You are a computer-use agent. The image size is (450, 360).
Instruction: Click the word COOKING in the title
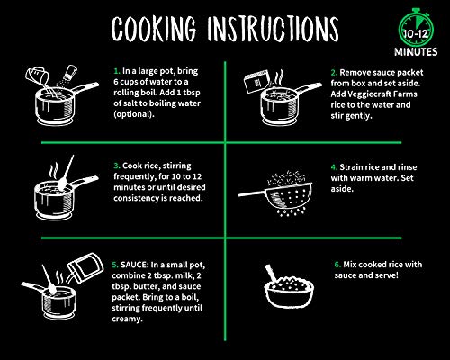point(154,29)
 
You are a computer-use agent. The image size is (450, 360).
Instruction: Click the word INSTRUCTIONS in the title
point(273,29)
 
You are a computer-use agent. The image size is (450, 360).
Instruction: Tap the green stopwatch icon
point(416,28)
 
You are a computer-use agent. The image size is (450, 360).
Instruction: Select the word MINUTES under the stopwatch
point(416,52)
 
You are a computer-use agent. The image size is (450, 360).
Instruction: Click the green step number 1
point(117,71)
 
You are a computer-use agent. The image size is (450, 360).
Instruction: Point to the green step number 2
point(334,73)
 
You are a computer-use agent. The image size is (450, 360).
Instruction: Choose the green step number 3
point(117,166)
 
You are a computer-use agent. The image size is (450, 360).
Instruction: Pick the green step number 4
point(334,167)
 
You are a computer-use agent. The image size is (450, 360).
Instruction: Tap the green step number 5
point(115,265)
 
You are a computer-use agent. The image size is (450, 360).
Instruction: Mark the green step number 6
point(337,265)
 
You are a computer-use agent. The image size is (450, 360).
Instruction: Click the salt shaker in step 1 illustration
point(70,73)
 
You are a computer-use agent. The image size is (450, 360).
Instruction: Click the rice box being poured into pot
point(256,81)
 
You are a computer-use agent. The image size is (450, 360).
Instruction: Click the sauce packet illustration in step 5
point(85,268)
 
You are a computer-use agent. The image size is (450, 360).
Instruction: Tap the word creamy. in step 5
point(127,319)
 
